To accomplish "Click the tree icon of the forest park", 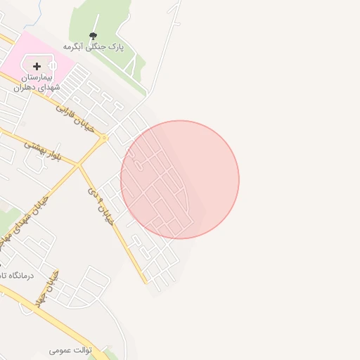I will (x=94, y=35).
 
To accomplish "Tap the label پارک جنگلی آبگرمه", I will (x=94, y=46).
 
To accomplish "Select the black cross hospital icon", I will (x=37, y=66).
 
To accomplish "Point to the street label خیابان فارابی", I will (x=75, y=112).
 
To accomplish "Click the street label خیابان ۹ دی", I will (x=101, y=205).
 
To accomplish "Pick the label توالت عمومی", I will (x=71, y=349).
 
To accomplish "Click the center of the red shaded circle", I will (x=180, y=180).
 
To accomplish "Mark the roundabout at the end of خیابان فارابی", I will (x=104, y=138).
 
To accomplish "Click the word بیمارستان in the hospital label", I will (x=37, y=76).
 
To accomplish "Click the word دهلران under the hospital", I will (x=25, y=86).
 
